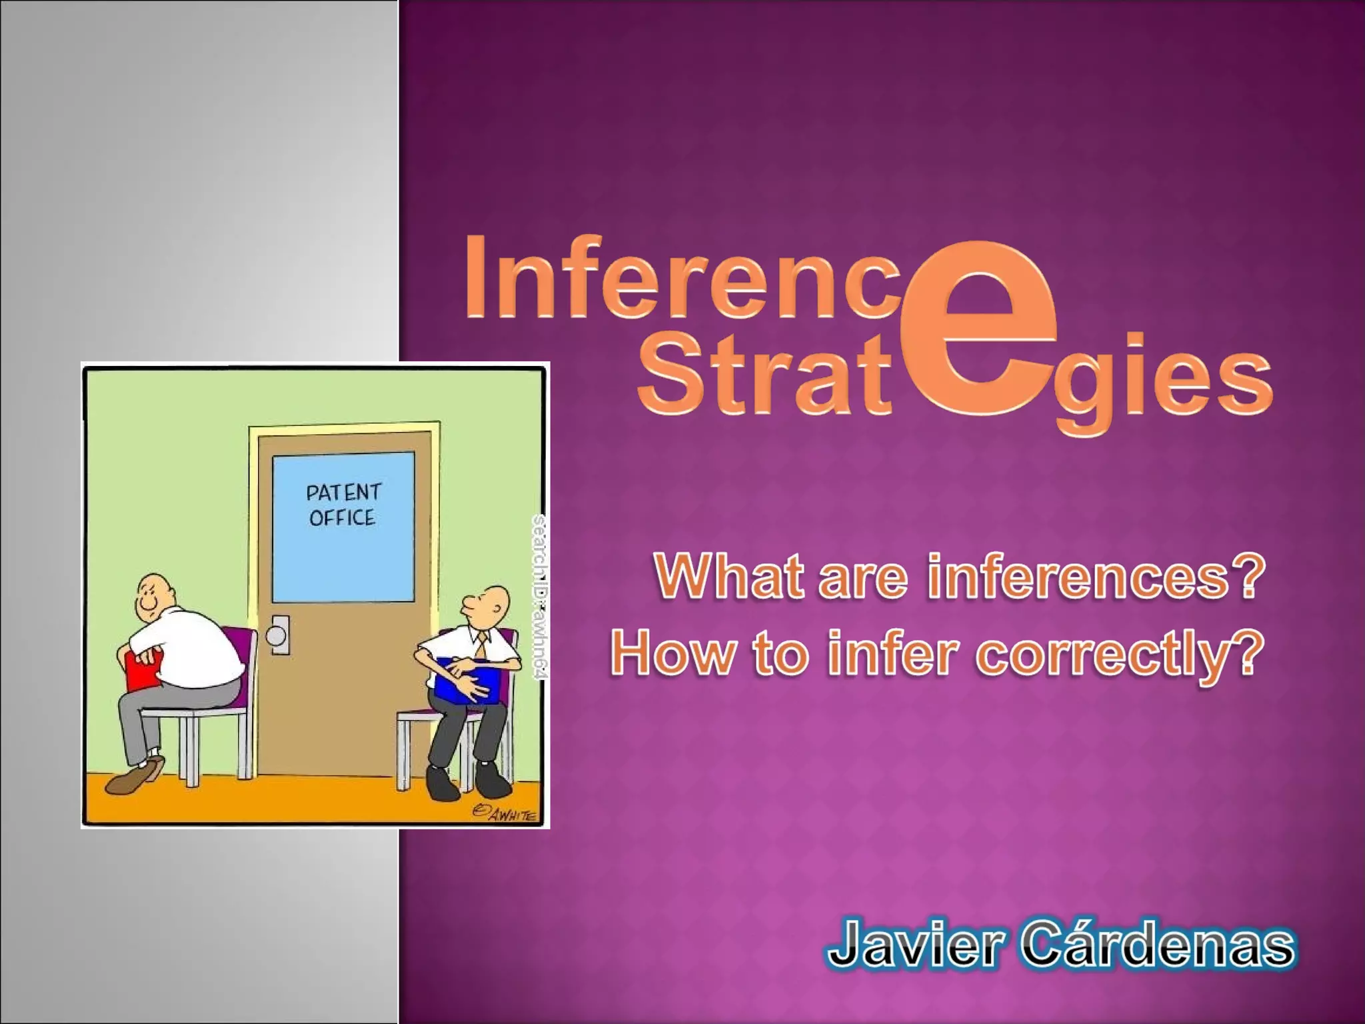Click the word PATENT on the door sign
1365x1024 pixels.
[x=343, y=493]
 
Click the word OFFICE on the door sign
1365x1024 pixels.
[x=342, y=518]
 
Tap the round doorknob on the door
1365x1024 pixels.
[x=276, y=635]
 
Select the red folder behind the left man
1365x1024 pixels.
[x=143, y=669]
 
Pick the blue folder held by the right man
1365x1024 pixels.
[x=467, y=680]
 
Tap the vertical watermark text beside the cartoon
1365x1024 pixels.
[x=540, y=597]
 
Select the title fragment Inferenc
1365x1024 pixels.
[x=683, y=279]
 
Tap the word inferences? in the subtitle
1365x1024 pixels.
[x=1096, y=577]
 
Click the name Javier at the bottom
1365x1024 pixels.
[x=913, y=945]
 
